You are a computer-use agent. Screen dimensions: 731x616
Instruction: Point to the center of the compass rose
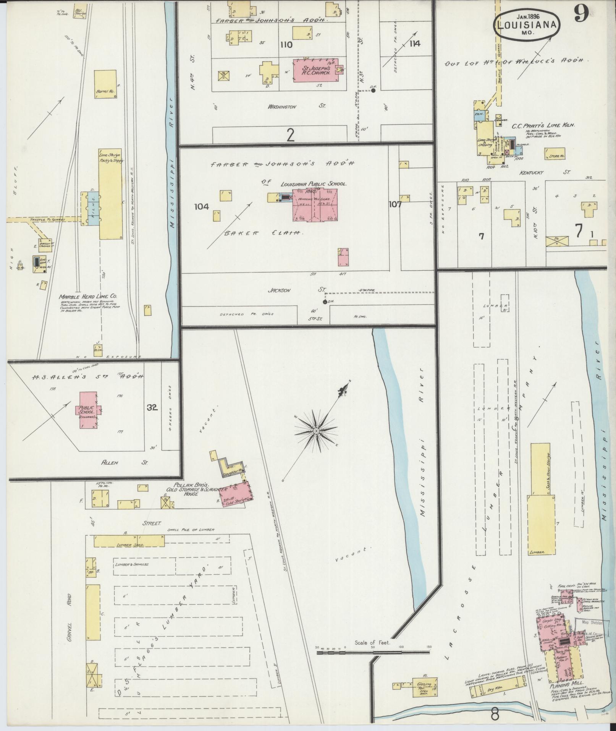pos(316,431)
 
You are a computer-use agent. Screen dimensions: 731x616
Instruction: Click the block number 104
pos(201,207)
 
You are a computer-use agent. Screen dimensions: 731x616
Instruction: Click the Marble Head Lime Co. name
pos(88,296)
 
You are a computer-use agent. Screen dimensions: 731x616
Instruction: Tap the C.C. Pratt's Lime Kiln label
pos(544,125)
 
